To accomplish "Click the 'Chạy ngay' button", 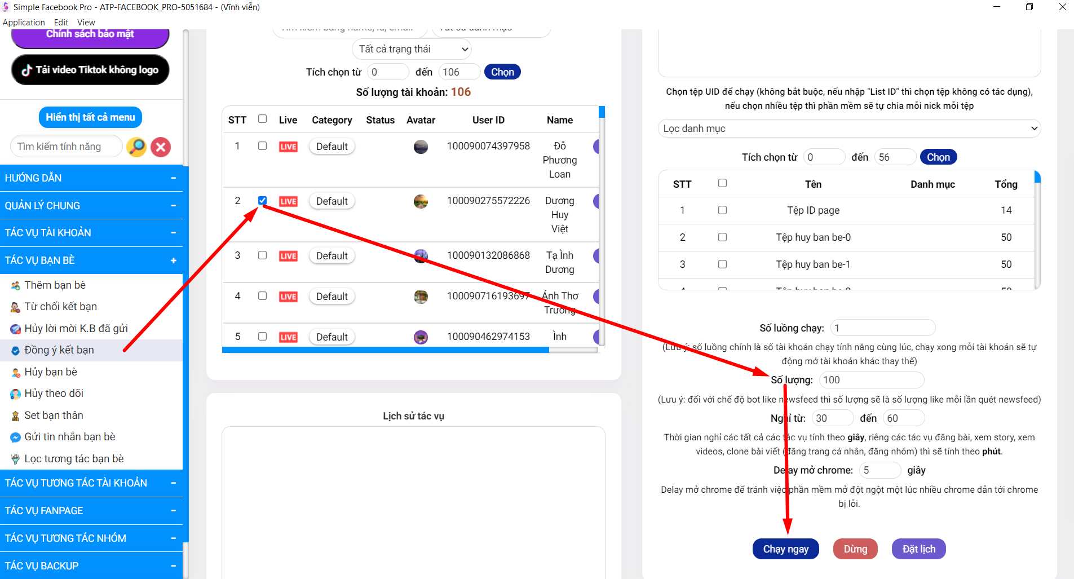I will [x=785, y=549].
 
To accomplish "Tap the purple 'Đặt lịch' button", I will [x=918, y=549].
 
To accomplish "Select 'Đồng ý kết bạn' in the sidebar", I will [x=59, y=350].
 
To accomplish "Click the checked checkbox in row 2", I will [x=262, y=201].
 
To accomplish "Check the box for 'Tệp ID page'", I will [x=722, y=210].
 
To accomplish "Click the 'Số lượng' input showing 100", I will [x=871, y=380].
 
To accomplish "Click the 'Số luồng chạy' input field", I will [x=882, y=328].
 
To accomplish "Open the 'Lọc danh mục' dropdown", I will [x=849, y=129].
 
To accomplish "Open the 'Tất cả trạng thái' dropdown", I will [x=412, y=49].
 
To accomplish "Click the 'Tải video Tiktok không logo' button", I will [x=90, y=70].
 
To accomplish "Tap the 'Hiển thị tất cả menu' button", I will [x=90, y=117].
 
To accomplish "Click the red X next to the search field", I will [x=161, y=147].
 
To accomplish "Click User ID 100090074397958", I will [x=488, y=146].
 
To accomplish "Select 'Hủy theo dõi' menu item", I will [x=54, y=394].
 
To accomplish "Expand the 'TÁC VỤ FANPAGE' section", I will [x=90, y=511].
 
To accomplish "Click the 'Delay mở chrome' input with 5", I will [x=879, y=470].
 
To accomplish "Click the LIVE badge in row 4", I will [x=288, y=297].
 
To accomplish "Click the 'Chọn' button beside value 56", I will [x=938, y=157].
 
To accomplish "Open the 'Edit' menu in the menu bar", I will [x=61, y=23].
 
